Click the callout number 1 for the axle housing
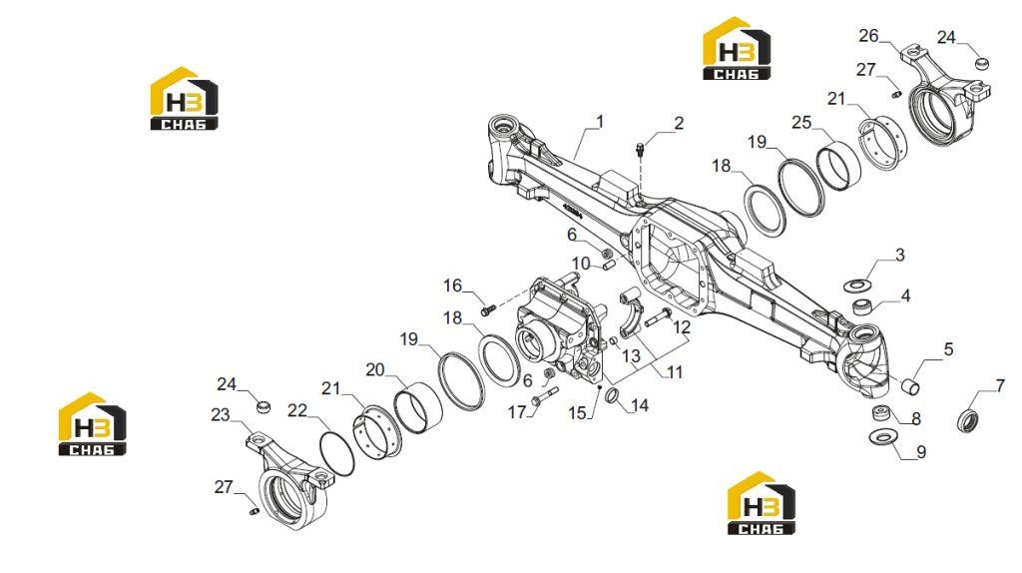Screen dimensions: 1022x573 (x=600, y=122)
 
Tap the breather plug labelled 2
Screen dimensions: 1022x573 (x=640, y=151)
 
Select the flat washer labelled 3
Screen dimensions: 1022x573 (x=857, y=285)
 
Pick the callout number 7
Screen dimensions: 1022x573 (x=1001, y=386)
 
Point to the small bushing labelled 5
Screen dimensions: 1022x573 (x=910, y=387)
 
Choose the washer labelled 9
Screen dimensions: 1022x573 (x=884, y=436)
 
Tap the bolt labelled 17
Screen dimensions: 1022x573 (x=544, y=395)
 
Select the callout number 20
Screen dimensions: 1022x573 (x=375, y=370)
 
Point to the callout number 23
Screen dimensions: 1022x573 (x=221, y=415)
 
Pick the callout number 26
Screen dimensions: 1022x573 (x=869, y=36)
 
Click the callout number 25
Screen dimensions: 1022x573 (x=801, y=123)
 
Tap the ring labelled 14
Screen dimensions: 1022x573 (x=614, y=395)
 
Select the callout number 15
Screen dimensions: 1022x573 (x=578, y=412)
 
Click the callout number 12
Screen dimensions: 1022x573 (x=682, y=327)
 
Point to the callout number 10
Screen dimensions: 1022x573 (x=581, y=264)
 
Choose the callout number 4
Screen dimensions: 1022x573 (x=905, y=295)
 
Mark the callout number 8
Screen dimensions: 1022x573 (x=916, y=419)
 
